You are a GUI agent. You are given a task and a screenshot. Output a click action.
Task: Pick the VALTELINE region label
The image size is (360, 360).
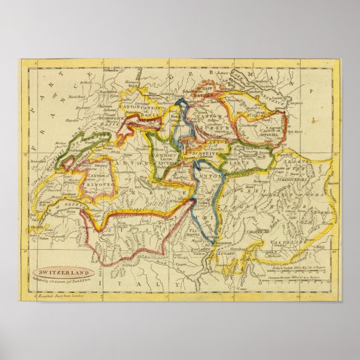286,241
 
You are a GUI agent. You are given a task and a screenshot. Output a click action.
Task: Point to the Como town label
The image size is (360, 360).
241,290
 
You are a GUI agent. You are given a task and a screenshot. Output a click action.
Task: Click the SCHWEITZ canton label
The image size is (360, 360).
201,151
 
